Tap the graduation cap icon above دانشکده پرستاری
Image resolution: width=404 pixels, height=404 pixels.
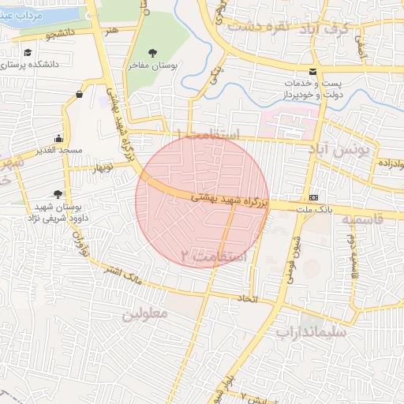point(28,52)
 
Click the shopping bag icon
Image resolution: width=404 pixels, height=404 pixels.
point(80,95)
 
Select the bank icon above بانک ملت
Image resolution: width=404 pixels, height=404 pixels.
point(314,196)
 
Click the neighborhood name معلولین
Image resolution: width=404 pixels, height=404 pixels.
point(145,313)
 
